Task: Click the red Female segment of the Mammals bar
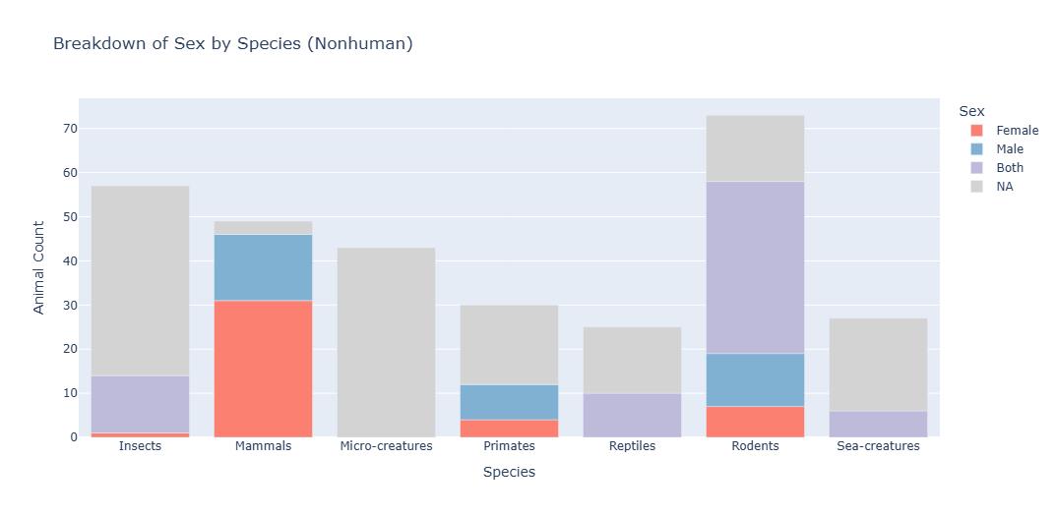(263, 369)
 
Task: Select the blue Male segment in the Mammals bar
(263, 267)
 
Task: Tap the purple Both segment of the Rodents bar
(755, 267)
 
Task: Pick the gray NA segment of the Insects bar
(140, 280)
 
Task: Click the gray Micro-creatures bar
(386, 342)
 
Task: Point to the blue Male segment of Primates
(509, 402)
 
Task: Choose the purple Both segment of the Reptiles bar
(632, 415)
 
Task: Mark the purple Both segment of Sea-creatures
(878, 424)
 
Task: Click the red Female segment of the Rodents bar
(755, 422)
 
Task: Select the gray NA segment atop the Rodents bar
(755, 148)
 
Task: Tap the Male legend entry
(1009, 149)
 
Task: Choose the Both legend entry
(1009, 168)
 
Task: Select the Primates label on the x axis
(509, 446)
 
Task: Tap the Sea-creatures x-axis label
(878, 446)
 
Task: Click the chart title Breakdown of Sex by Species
(232, 43)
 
